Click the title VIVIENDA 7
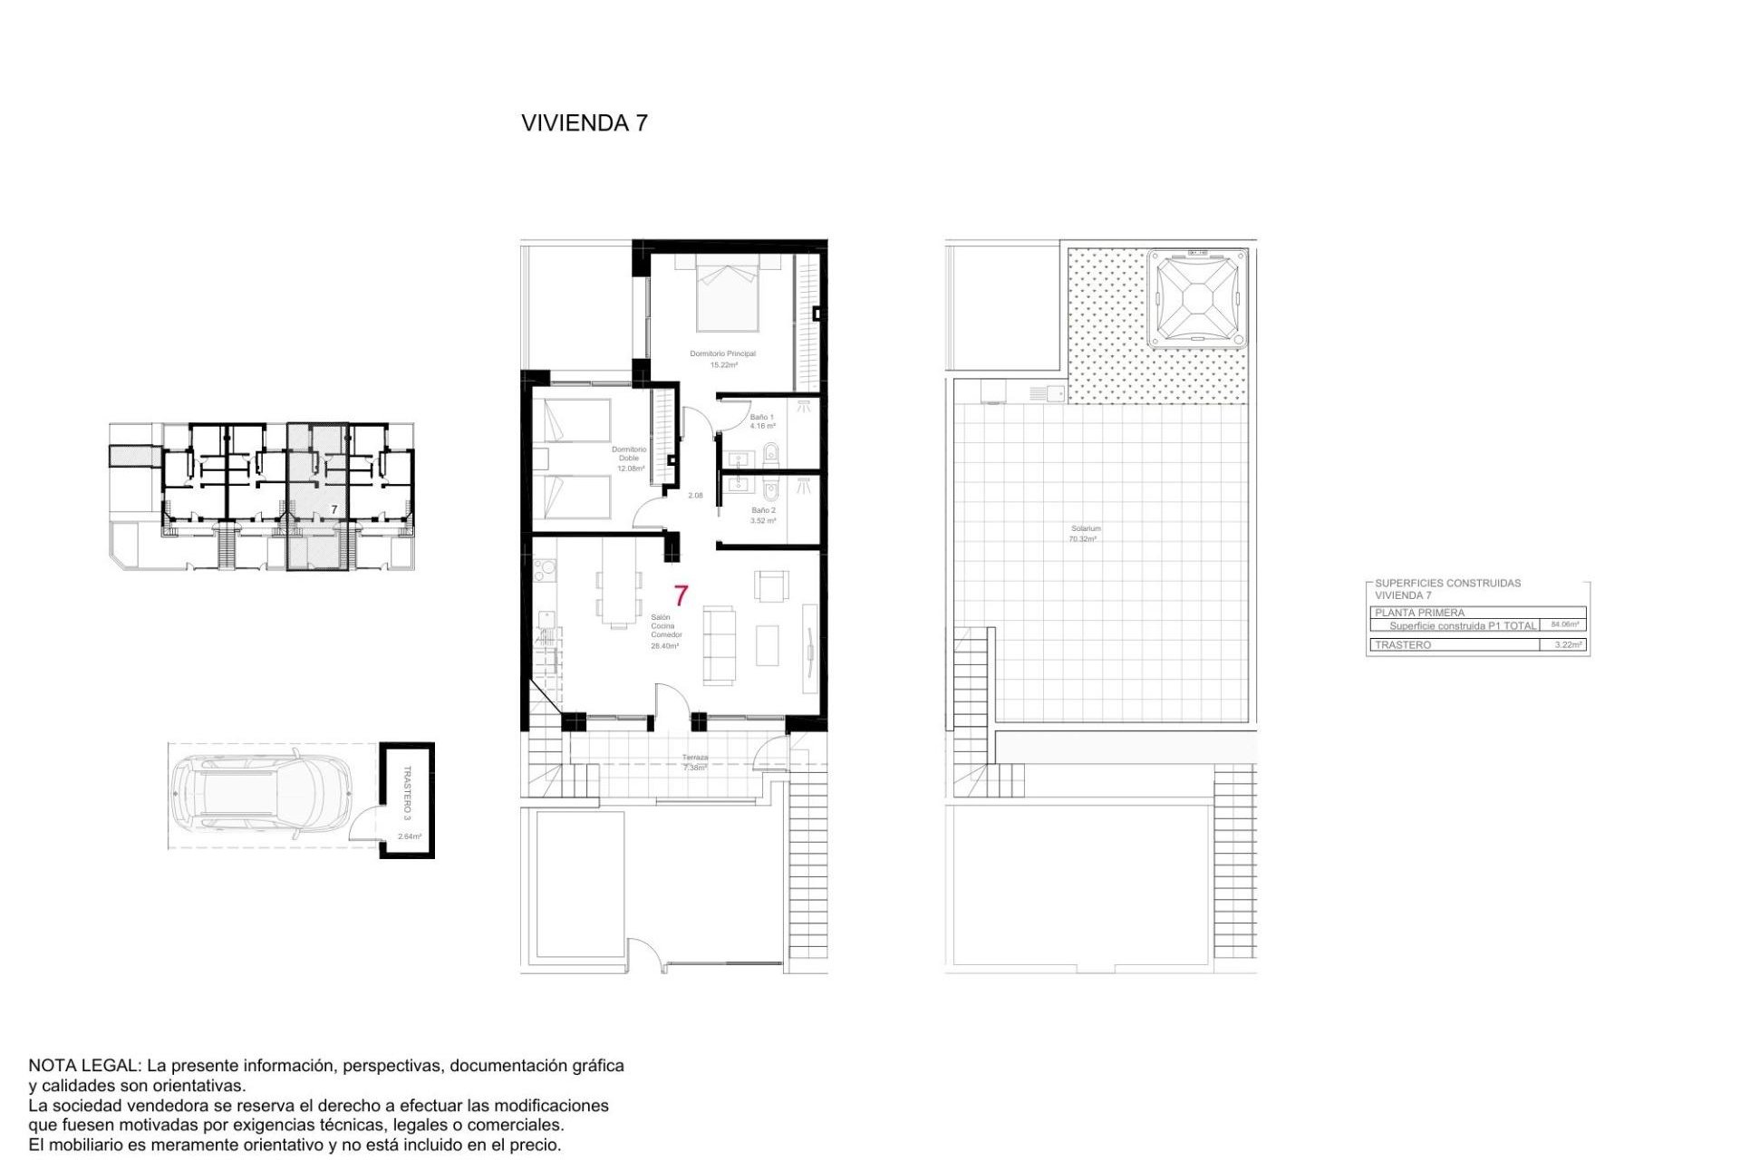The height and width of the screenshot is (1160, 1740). point(585,123)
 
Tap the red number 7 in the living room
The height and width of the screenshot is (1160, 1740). point(681,595)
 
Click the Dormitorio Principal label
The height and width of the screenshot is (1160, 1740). point(722,353)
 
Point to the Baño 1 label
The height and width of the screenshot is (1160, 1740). point(761,418)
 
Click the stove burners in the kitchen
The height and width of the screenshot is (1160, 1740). point(545,571)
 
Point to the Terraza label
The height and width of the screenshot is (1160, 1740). point(695,758)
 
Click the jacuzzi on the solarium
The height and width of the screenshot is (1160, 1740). point(1196,299)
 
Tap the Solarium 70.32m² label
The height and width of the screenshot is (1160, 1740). point(1085,533)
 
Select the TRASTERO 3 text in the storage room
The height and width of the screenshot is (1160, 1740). point(407,793)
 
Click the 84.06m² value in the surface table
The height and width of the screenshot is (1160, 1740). point(1564,624)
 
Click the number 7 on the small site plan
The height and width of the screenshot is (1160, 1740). point(333,510)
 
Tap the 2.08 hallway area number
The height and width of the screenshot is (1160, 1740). point(695,496)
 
